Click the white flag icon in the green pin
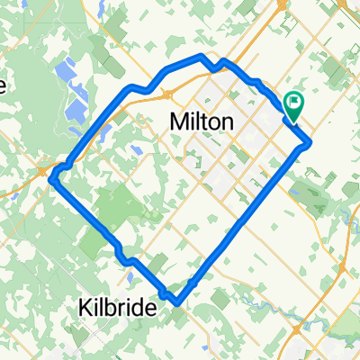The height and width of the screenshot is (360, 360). click(294, 102)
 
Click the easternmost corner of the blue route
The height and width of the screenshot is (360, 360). click(310, 142)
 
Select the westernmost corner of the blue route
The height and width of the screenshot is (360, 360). click(53, 177)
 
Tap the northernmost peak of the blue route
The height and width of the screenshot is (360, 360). click(201, 58)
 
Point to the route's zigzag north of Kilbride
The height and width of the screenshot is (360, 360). click(125, 259)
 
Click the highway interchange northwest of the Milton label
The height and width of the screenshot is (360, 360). click(167, 93)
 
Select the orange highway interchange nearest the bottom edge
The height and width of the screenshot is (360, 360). click(346, 268)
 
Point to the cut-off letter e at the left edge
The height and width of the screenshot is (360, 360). click(3, 86)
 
